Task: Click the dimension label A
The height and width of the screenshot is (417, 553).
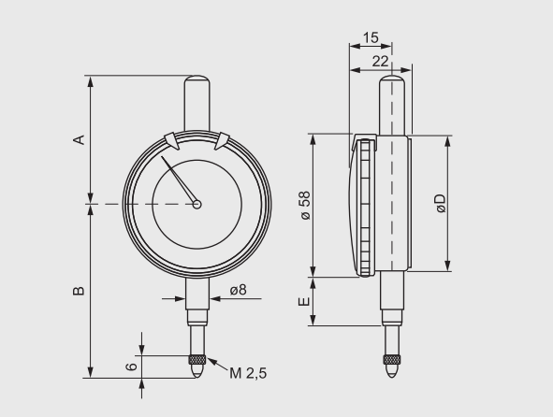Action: point(80,139)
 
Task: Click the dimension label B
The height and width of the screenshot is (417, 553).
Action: point(80,291)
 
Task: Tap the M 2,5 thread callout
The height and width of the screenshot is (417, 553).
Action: point(248,373)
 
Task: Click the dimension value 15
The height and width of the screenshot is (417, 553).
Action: point(369,38)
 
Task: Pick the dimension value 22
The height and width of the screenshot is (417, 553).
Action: point(380,60)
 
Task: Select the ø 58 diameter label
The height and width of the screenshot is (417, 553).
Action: point(304,205)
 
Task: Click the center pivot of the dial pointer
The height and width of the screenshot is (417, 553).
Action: point(196,204)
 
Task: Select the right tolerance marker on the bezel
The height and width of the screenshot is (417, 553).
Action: point(223,140)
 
